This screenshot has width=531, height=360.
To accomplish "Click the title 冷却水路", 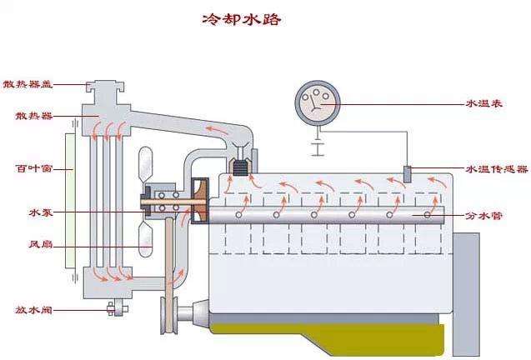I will click(x=241, y=19).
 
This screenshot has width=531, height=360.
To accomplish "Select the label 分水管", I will click(x=483, y=215).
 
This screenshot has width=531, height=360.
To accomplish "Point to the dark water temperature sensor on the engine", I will click(x=408, y=174).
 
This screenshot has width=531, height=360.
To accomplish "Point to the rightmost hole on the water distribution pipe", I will click(x=428, y=214).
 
